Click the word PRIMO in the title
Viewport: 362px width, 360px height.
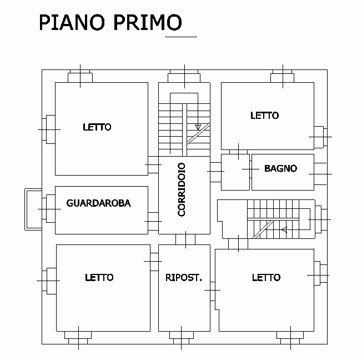[148, 23]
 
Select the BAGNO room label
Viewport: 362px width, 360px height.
[280, 168]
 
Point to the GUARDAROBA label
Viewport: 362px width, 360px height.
[98, 203]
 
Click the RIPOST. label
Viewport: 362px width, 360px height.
[183, 277]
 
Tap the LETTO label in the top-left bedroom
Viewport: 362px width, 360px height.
[97, 127]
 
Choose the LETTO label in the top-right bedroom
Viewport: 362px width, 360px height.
[264, 116]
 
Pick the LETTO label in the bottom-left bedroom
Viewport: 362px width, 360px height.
[99, 277]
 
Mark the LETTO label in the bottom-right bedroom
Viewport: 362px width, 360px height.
[266, 277]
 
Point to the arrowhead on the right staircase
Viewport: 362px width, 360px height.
[284, 229]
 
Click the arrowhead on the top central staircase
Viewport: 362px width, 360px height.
[198, 127]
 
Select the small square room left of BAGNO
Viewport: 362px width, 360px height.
[235, 172]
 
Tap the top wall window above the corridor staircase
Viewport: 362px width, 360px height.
[184, 76]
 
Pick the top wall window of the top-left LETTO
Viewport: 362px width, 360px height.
[81, 76]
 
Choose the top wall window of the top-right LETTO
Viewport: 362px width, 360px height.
[283, 76]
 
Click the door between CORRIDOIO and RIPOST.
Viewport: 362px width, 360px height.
[184, 239]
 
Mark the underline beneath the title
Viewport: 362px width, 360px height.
[181, 37]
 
